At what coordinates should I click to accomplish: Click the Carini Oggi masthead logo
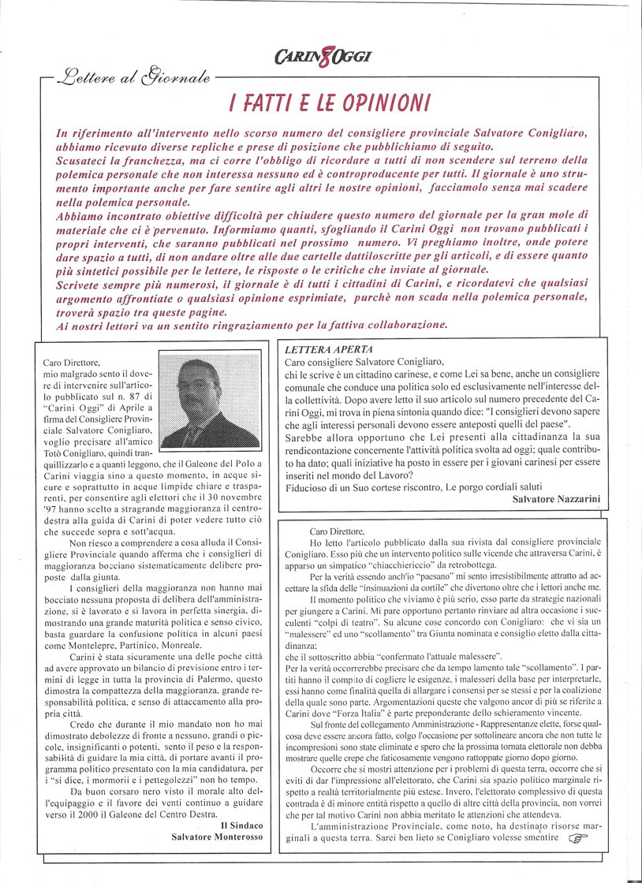(x=323, y=56)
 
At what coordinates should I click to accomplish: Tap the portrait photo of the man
(x=210, y=403)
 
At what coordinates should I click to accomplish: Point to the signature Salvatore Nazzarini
(x=556, y=499)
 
